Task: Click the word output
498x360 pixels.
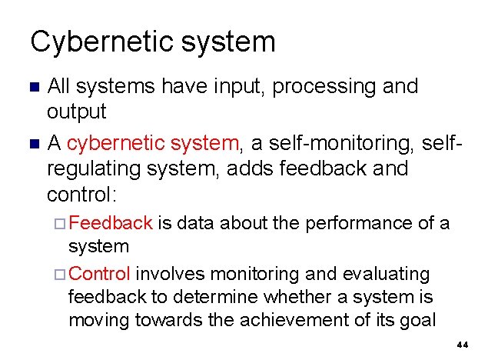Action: (77, 112)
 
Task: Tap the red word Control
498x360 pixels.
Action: (105, 274)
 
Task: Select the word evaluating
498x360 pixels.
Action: (383, 274)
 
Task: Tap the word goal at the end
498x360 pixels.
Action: (420, 321)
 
